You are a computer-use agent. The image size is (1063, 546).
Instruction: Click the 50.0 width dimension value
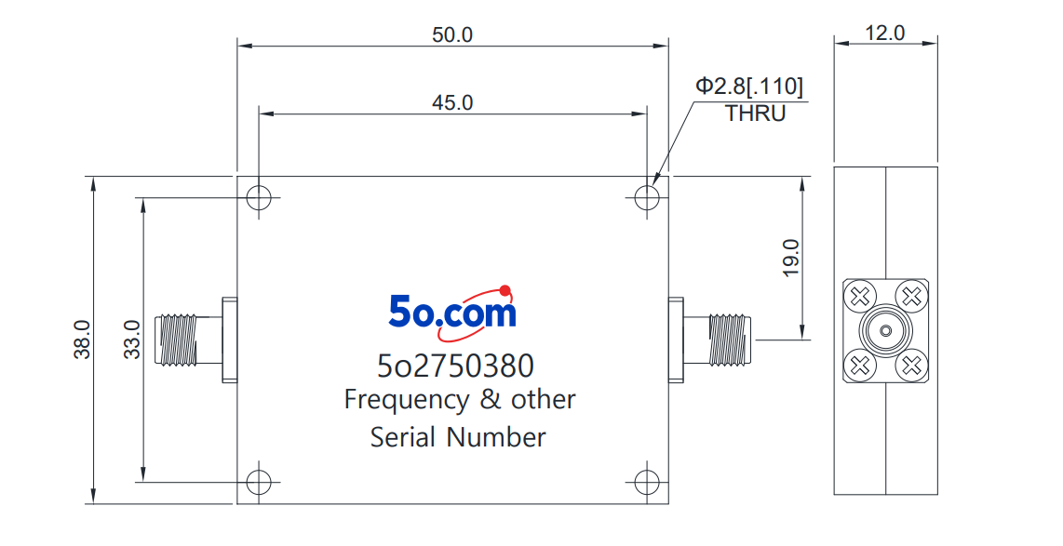coord(452,34)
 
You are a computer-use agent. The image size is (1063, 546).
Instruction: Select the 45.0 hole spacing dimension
coord(452,102)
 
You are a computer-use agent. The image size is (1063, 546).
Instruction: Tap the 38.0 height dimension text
coord(82,340)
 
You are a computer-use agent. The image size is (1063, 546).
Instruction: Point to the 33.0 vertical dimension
coord(133,340)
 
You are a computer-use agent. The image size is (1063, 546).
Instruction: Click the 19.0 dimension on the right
coord(791,258)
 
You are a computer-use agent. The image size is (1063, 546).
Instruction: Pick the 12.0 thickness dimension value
coord(884,33)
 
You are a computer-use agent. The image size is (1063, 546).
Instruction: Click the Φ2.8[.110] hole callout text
coord(750,86)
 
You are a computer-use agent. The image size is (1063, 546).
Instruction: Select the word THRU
coord(756,113)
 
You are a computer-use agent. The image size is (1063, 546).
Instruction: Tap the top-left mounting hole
coord(258,198)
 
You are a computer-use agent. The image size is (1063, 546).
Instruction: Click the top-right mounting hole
coord(647,198)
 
